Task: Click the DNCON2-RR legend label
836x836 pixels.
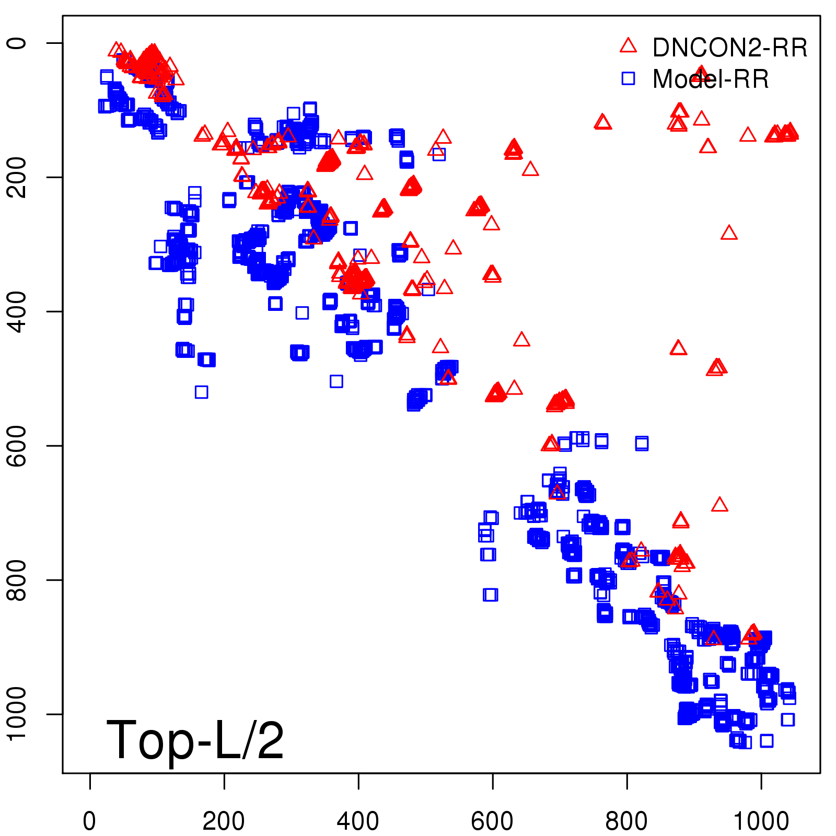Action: click(729, 48)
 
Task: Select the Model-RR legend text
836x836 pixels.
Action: click(711, 79)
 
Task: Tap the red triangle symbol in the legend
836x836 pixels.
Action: click(628, 45)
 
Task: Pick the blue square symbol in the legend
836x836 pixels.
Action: click(628, 79)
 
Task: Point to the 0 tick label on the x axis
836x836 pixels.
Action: click(89, 821)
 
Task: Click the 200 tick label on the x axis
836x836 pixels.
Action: click(224, 821)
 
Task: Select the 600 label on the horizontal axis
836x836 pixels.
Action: click(492, 821)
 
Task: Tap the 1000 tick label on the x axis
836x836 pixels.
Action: click(761, 821)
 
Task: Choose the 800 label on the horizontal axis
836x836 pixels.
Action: click(626, 821)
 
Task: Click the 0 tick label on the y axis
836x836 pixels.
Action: click(17, 43)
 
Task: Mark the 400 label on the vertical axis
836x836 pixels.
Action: click(17, 311)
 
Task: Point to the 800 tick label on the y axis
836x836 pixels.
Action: click(17, 580)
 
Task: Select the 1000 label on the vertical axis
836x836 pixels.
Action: click(17, 714)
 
